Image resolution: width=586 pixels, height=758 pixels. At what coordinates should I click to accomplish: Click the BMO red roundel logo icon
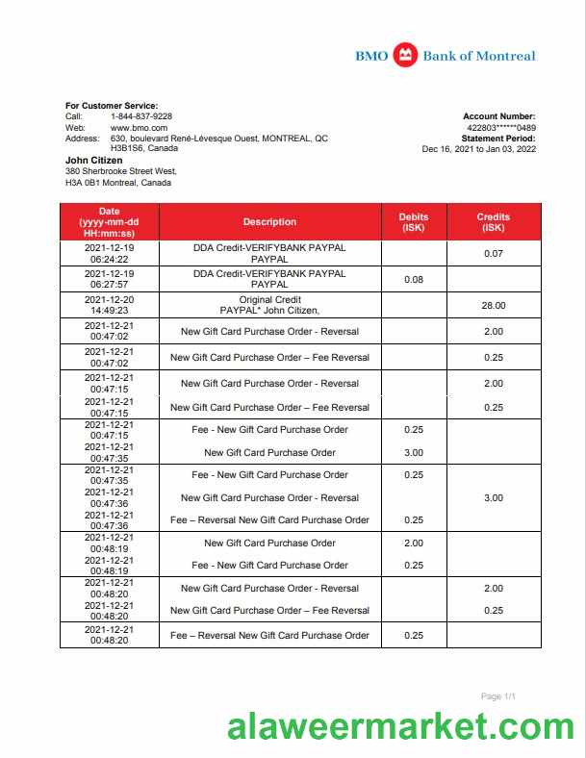(x=406, y=56)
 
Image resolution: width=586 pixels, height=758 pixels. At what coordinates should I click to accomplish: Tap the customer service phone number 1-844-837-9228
(x=141, y=116)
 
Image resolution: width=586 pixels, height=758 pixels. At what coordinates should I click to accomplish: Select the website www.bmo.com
(x=140, y=128)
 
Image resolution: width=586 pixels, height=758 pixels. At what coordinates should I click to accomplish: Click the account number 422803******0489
(x=501, y=128)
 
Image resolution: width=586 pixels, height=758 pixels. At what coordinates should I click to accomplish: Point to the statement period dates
(x=479, y=149)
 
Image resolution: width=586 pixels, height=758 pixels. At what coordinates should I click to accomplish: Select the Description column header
(x=269, y=222)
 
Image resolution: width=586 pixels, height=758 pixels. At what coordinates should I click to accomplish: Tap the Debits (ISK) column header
(x=414, y=222)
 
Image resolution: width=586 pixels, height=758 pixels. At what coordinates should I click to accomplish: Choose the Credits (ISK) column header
(x=494, y=222)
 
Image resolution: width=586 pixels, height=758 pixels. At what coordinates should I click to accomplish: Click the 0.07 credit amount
(x=494, y=254)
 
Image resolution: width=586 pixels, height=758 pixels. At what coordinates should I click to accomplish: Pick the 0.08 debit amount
(x=414, y=280)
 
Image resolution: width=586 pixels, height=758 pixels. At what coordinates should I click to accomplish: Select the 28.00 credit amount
(x=494, y=306)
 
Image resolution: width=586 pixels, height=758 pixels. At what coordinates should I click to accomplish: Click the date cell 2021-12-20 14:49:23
(x=109, y=306)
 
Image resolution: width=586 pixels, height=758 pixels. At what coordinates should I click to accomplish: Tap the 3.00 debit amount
(x=414, y=453)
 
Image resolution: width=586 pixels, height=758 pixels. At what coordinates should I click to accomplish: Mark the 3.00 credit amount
(x=494, y=498)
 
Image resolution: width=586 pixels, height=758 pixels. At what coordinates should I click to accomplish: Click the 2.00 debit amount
(x=414, y=543)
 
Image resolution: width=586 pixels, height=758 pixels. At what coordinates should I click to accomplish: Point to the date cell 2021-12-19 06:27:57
(x=109, y=280)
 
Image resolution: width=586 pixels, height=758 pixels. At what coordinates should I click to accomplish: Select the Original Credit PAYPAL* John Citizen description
(x=269, y=306)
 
